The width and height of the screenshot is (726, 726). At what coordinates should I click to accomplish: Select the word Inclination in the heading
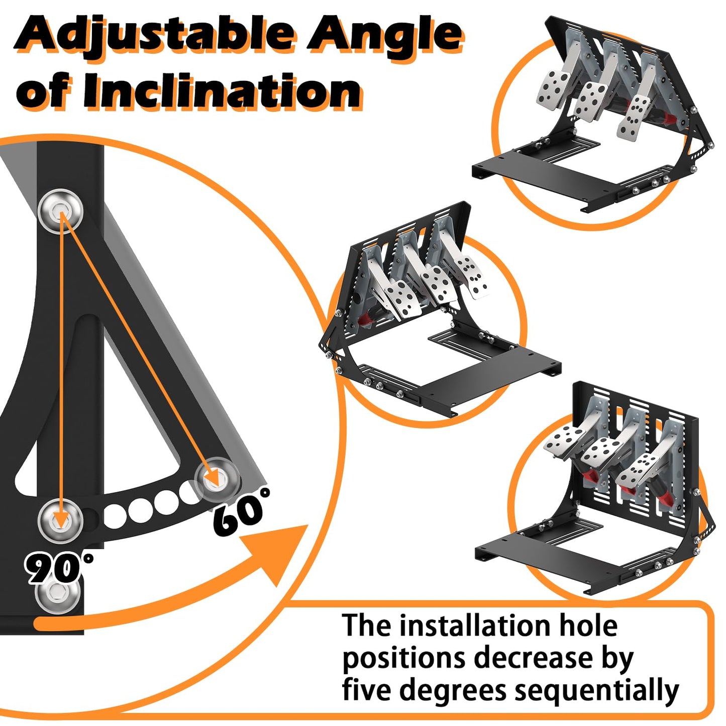click(221, 91)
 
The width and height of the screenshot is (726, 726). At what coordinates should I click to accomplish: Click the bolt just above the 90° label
click(60, 519)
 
